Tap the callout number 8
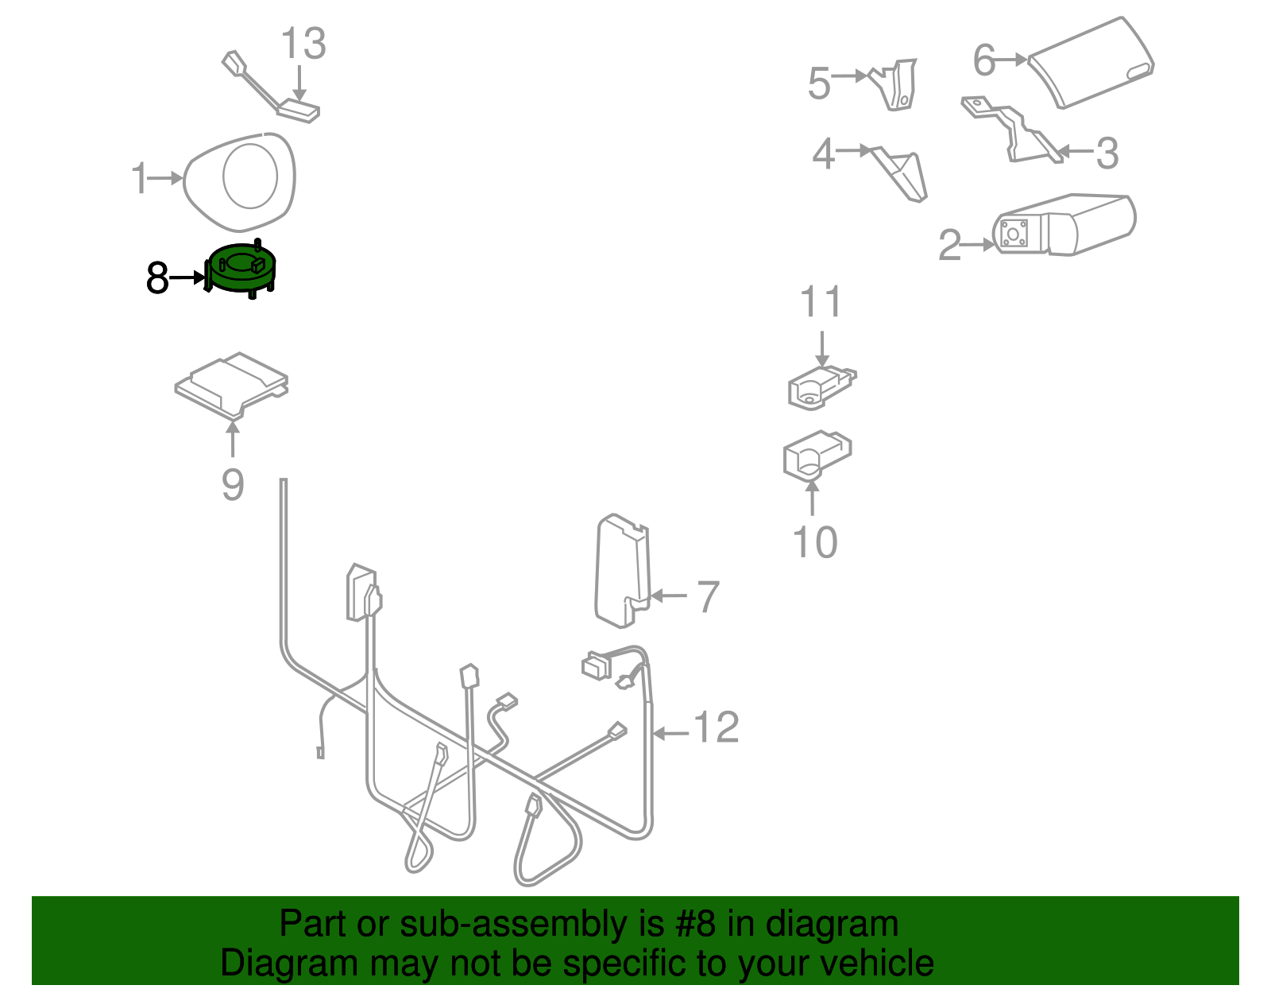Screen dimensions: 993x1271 tap(157, 278)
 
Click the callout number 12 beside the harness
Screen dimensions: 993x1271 tap(717, 727)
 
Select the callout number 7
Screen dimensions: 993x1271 tap(707, 596)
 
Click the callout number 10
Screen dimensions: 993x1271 tap(815, 542)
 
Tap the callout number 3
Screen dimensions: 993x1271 tap(1107, 153)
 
